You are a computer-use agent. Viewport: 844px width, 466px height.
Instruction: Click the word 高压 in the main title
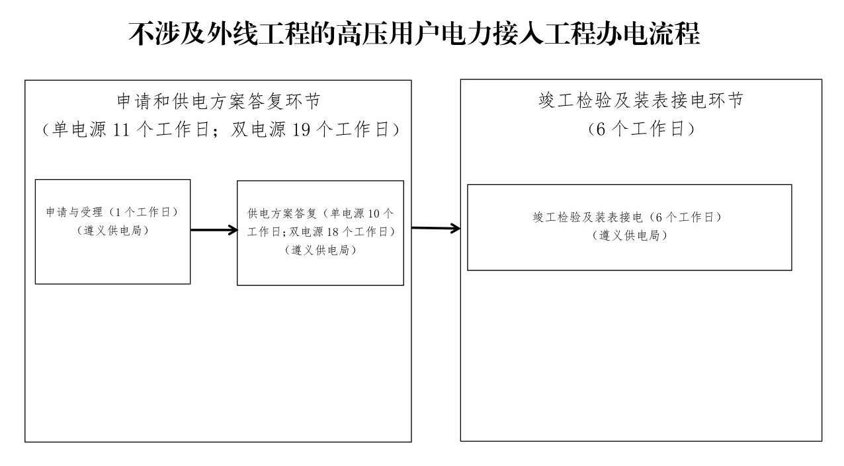pos(362,34)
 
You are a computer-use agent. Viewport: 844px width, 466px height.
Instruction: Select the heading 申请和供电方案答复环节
pos(219,101)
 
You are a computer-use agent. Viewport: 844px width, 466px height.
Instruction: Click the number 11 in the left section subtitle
pos(121,130)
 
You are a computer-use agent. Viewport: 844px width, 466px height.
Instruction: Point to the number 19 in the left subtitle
pos(301,130)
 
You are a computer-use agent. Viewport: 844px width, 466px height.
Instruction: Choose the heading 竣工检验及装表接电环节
pos(641,100)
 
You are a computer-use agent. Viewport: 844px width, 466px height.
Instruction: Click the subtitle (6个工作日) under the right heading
pos(641,129)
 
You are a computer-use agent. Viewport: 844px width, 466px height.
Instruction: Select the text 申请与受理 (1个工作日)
pos(112,212)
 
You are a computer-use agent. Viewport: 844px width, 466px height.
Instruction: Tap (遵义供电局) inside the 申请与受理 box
pos(112,231)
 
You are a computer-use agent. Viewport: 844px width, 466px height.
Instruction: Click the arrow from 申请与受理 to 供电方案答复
pos(214,229)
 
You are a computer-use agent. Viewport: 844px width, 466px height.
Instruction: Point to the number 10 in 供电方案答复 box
pos(374,214)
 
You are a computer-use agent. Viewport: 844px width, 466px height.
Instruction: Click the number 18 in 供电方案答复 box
pos(333,232)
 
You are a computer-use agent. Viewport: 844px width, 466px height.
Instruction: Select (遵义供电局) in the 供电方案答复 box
pos(320,250)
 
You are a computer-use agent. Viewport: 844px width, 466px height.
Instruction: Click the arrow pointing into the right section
pos(436,228)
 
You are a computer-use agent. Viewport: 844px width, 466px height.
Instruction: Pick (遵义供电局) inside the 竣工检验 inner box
pos(629,235)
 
